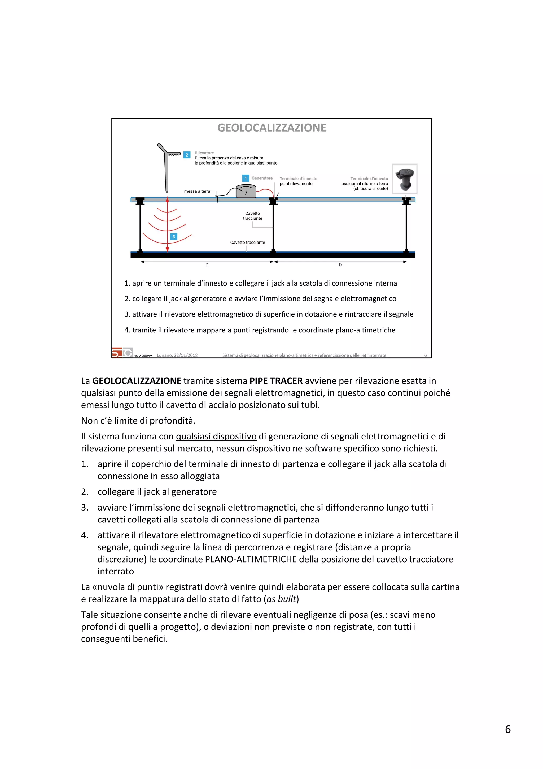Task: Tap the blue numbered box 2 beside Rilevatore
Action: pyautogui.click(x=187, y=155)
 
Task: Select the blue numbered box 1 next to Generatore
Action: pyautogui.click(x=246, y=178)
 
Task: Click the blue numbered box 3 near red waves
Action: pyautogui.click(x=174, y=237)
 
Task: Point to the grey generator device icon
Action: pyautogui.click(x=246, y=191)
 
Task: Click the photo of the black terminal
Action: pyautogui.click(x=405, y=179)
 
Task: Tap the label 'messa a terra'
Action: pyautogui.click(x=197, y=191)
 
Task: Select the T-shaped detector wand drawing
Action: pyautogui.click(x=167, y=167)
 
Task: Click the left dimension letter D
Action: pyautogui.click(x=207, y=265)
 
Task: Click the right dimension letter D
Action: pyautogui.click(x=340, y=265)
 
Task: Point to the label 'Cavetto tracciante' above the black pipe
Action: pyautogui.click(x=248, y=243)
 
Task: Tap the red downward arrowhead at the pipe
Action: pyautogui.click(x=167, y=249)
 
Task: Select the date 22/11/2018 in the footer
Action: pyautogui.click(x=186, y=355)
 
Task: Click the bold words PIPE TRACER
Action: pyautogui.click(x=276, y=381)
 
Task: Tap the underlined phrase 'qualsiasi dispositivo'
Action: pyautogui.click(x=216, y=437)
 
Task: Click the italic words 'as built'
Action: pyautogui.click(x=281, y=599)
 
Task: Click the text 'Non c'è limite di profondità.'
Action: pyautogui.click(x=138, y=421)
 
